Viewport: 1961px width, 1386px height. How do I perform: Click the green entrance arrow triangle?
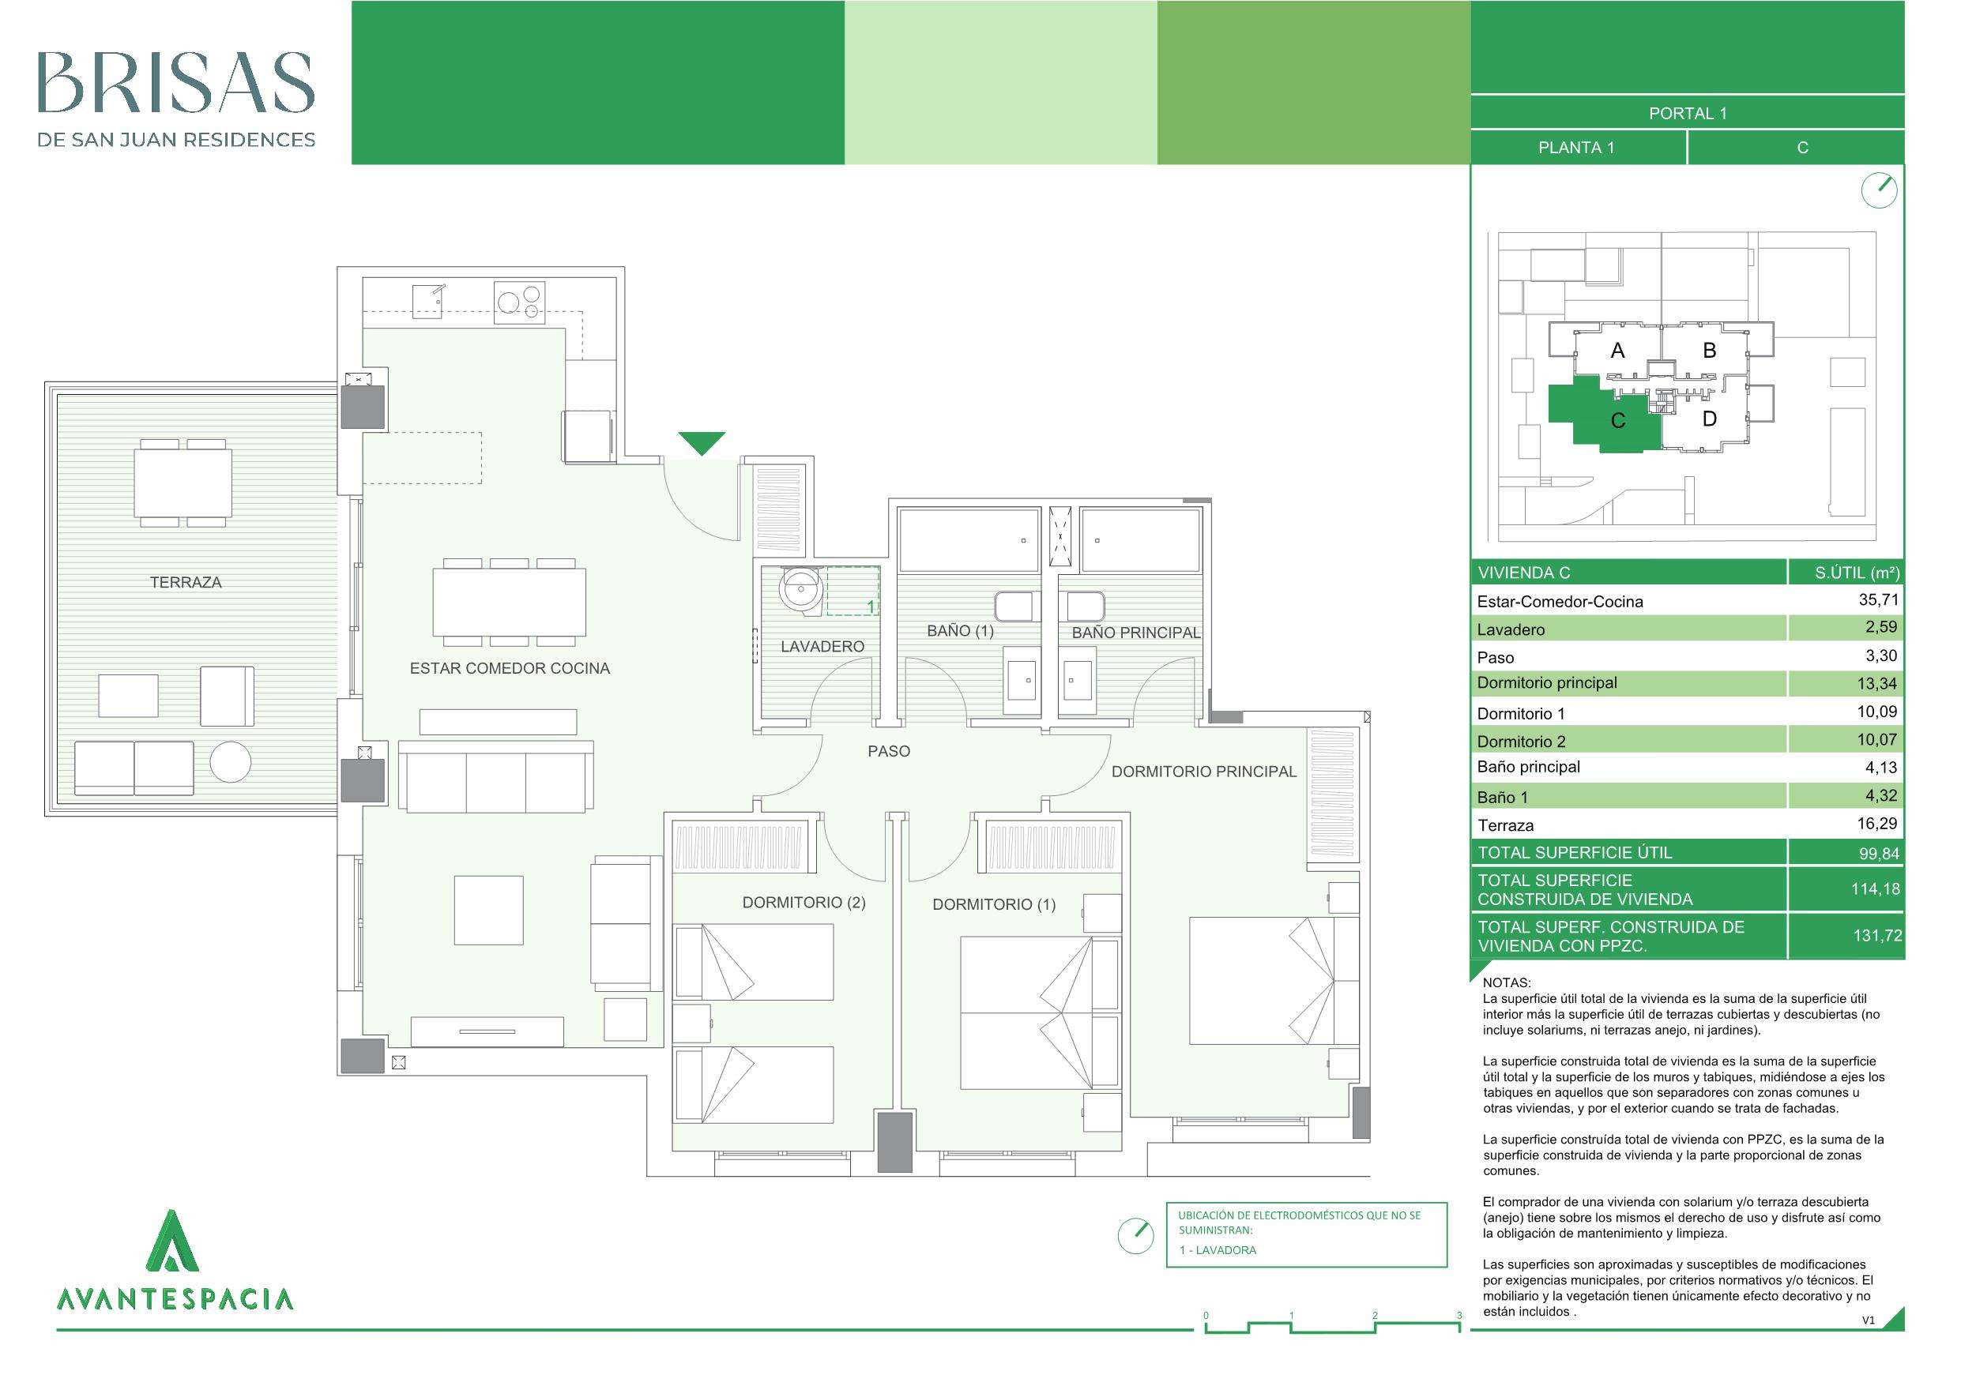[702, 441]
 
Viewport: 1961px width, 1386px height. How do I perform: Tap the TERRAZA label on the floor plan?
[186, 582]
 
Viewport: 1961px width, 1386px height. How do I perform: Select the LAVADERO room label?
[822, 647]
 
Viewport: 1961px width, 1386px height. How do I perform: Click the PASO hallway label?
[888, 752]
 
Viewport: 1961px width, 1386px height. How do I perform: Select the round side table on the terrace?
[231, 762]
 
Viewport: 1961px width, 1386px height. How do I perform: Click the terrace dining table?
[183, 483]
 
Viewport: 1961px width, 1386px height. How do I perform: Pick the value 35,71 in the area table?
[1878, 599]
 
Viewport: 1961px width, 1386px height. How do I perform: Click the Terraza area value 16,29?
[1878, 823]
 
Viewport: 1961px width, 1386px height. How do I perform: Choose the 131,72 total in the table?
[1877, 935]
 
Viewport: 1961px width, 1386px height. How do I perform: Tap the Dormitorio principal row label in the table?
[1547, 682]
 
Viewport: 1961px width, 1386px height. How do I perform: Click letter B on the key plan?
[1709, 350]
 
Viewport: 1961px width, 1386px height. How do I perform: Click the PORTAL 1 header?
[1688, 114]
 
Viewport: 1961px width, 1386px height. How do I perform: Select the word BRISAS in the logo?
[176, 83]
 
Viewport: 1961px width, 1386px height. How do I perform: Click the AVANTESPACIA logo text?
[175, 1299]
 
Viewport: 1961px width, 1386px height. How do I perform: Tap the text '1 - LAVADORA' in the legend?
[1217, 1250]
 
